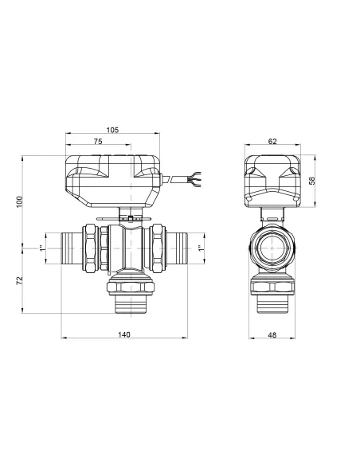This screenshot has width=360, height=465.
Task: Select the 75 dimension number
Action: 98,141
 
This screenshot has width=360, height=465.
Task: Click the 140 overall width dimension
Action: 123,335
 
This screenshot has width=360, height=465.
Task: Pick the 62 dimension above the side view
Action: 272,141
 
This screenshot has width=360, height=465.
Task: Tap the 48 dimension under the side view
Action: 272,335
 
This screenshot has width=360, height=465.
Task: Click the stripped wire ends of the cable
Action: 190,181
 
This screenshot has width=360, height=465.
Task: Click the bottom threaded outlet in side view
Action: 272,305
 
